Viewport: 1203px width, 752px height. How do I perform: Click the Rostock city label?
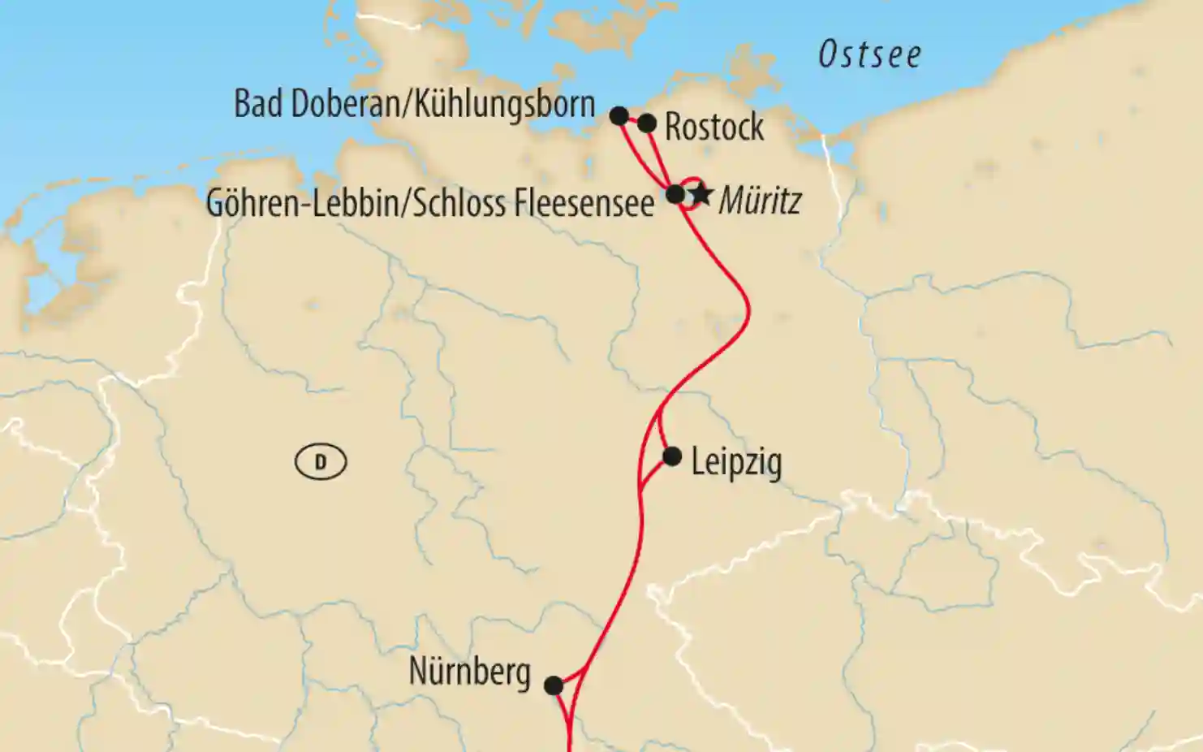(714, 127)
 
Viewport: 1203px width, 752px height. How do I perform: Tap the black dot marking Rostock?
(647, 123)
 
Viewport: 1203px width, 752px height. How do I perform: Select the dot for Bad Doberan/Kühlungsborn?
(619, 115)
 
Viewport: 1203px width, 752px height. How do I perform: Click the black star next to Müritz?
(702, 195)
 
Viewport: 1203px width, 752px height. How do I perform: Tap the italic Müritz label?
(760, 201)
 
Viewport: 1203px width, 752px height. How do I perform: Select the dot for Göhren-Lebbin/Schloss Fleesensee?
(675, 194)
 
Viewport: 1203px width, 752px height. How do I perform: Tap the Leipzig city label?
(736, 463)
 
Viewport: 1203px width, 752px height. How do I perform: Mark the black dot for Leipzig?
(672, 456)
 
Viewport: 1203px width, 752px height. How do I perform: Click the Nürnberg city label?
(469, 672)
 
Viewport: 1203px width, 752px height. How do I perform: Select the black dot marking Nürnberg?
(554, 685)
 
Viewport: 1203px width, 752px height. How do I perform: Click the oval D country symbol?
(321, 462)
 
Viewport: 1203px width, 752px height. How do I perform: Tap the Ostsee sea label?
(869, 55)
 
